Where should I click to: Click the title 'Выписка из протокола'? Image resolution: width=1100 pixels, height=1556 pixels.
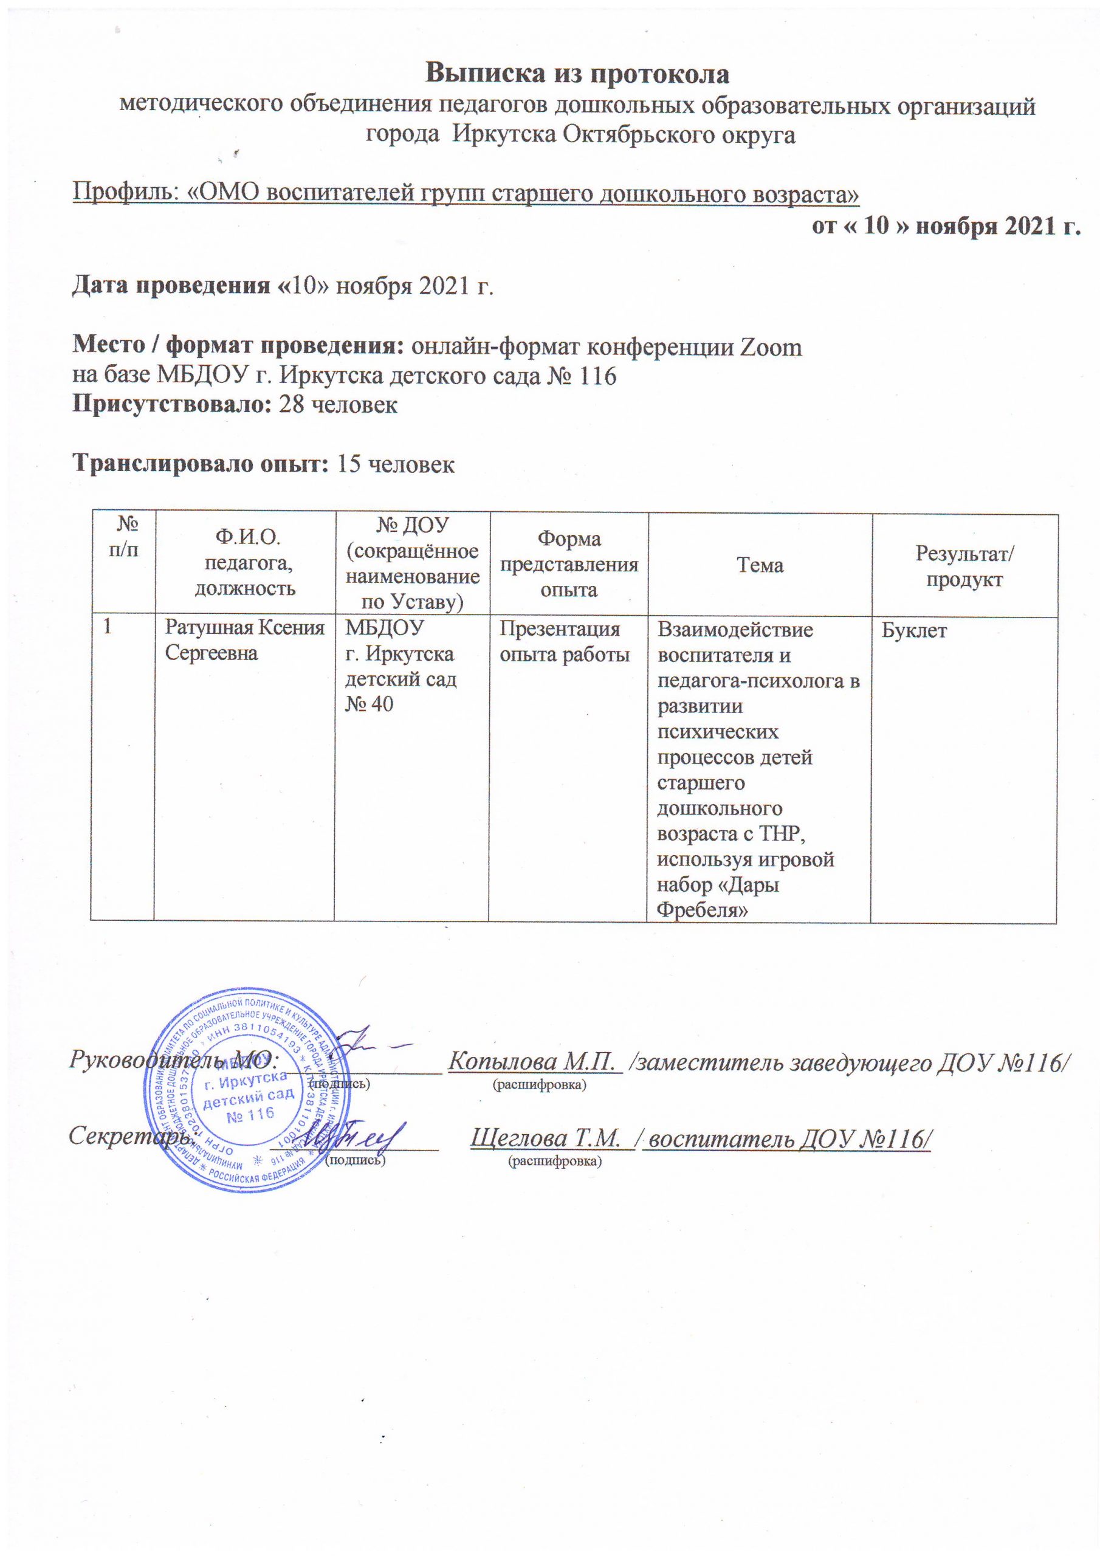tap(577, 73)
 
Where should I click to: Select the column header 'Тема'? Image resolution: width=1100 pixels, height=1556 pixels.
tap(760, 565)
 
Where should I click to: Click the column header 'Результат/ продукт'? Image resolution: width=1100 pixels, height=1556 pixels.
tap(964, 565)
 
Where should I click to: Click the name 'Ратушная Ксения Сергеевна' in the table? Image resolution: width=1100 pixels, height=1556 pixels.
tap(245, 642)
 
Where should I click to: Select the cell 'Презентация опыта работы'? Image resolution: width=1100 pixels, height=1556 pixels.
tap(565, 642)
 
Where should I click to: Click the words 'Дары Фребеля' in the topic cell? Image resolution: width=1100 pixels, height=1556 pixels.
tap(718, 898)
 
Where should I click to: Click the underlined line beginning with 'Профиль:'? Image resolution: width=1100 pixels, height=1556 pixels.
tap(466, 194)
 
